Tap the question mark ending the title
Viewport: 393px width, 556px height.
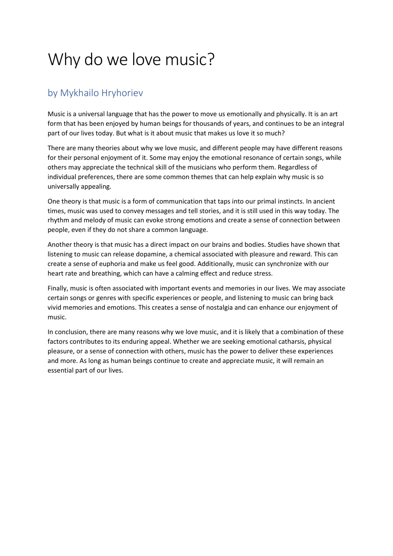211,60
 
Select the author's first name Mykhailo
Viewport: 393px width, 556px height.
79,93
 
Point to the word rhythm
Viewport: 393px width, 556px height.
59,221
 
